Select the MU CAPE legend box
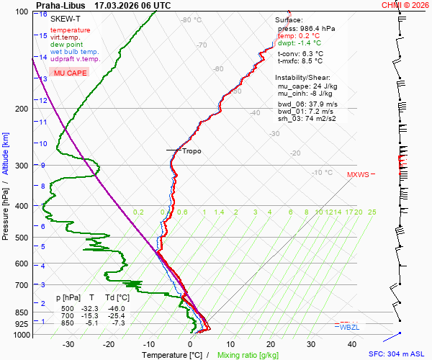pos(71,73)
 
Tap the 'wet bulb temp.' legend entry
pos(75,52)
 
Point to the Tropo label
pos(192,151)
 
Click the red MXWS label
pos(358,174)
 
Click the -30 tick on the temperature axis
pos(68,344)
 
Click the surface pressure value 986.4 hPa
pos(318,28)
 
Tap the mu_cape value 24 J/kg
pos(323,86)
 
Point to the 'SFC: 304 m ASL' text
pos(399,354)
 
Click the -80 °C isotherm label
pos(191,20)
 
